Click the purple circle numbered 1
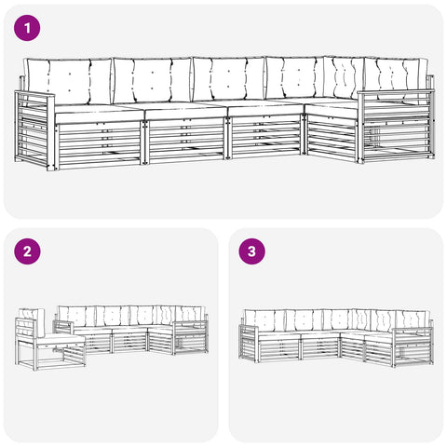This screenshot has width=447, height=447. point(27,28)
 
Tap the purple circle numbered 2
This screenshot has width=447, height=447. point(27,251)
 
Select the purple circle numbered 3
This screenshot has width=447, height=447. point(251,251)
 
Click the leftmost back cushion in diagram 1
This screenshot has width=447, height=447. point(68,82)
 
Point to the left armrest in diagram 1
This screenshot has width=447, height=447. point(34,129)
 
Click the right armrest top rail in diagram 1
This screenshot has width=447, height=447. point(395,92)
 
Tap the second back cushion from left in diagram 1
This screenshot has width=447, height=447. point(152,81)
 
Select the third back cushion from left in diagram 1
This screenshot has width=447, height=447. point(229,79)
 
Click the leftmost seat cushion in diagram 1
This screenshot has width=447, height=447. point(100,115)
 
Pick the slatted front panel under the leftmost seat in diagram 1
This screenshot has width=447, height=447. point(99,143)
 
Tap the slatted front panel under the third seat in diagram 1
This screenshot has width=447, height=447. point(265,136)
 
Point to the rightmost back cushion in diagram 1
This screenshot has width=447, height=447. point(396,79)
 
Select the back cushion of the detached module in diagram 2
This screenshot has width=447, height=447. point(31,323)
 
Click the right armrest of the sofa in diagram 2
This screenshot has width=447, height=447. point(191,338)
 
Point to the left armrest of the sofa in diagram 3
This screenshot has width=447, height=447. point(249,344)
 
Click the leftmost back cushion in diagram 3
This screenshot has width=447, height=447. point(264,319)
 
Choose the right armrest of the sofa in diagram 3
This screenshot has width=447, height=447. point(413,347)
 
